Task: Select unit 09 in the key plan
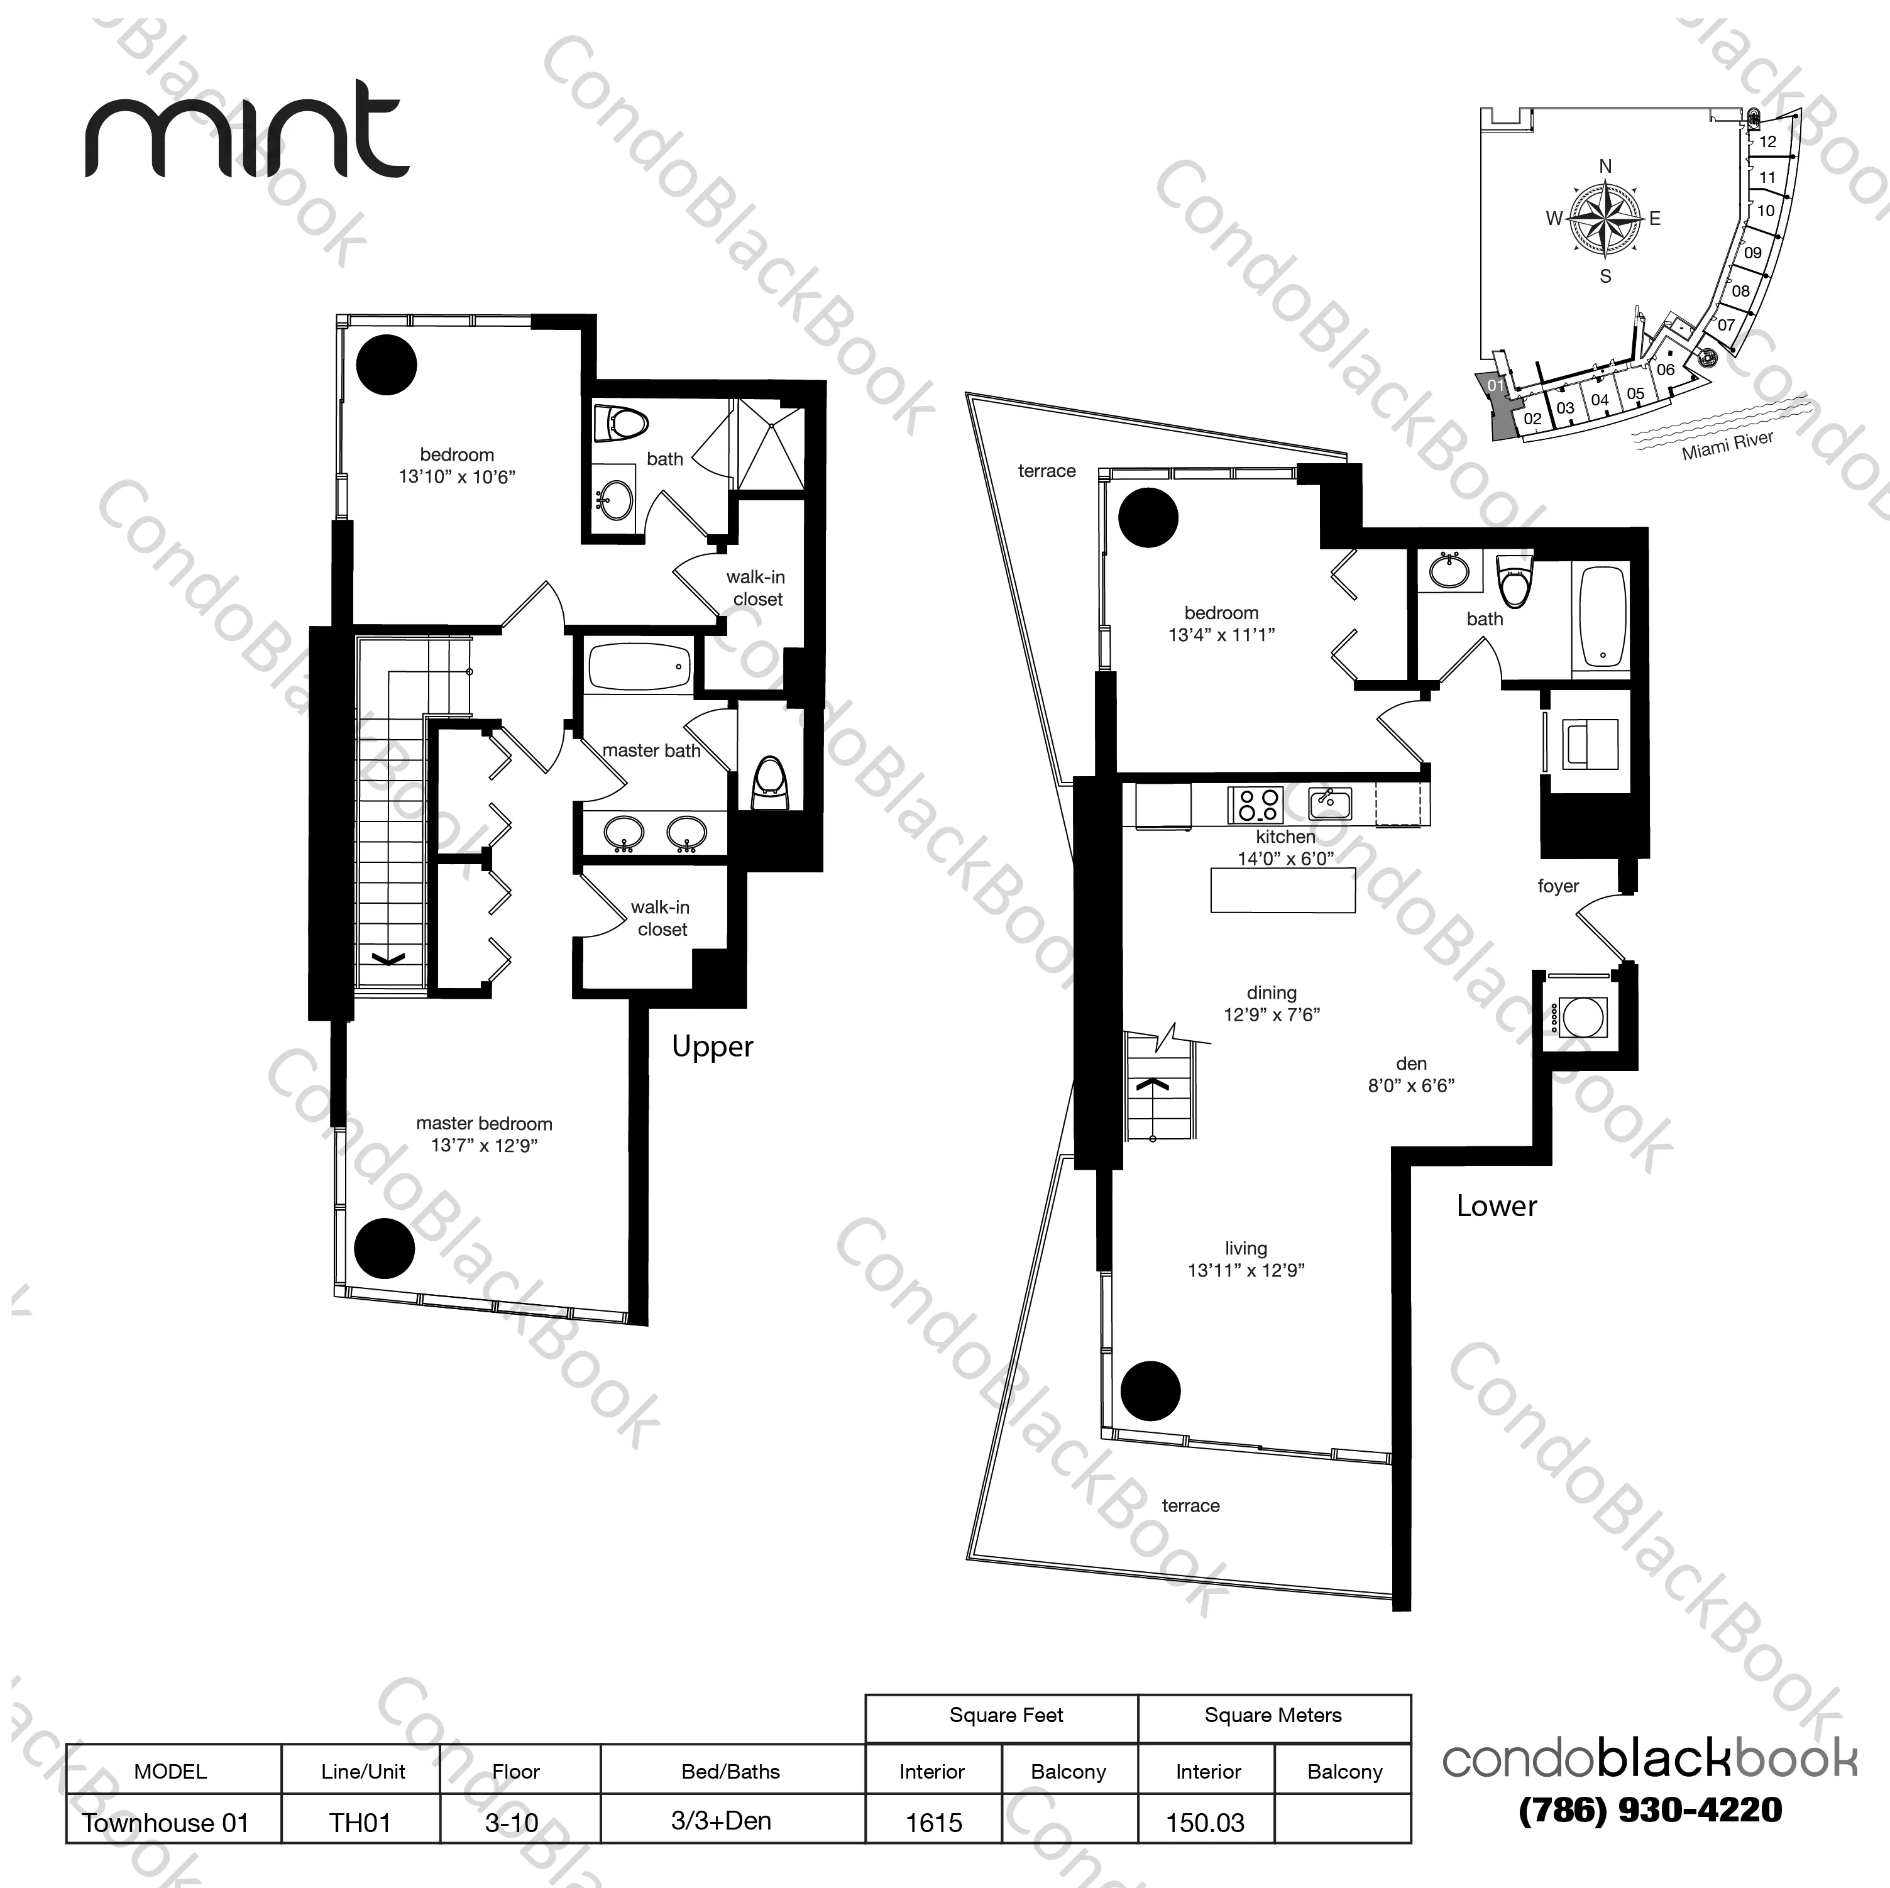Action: [1752, 253]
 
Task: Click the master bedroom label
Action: [484, 1124]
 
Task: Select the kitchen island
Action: [1282, 889]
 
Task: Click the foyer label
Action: [1558, 886]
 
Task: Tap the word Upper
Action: [712, 1046]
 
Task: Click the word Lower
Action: [1496, 1206]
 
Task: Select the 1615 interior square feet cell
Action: [933, 1823]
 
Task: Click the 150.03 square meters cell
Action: [1206, 1823]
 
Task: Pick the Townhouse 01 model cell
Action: [167, 1823]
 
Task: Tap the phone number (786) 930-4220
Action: [1649, 1809]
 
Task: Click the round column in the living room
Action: [1150, 1391]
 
